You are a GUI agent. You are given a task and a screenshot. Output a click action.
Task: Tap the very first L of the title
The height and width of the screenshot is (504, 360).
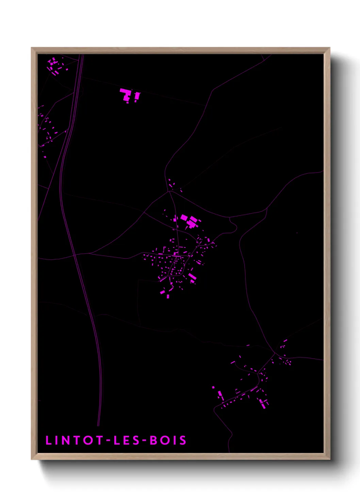click(48, 440)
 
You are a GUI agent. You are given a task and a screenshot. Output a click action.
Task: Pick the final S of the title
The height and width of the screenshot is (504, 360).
click(183, 440)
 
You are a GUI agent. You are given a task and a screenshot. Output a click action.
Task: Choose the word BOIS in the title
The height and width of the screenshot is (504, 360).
click(168, 440)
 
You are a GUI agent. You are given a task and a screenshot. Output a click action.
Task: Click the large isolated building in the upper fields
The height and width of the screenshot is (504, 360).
click(126, 94)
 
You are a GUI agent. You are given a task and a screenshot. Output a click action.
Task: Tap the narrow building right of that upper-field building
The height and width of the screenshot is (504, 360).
click(137, 97)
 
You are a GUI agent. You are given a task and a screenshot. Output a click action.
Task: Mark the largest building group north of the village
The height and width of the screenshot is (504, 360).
click(190, 222)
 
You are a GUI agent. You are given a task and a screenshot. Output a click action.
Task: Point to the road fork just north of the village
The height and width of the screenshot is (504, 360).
click(169, 192)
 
